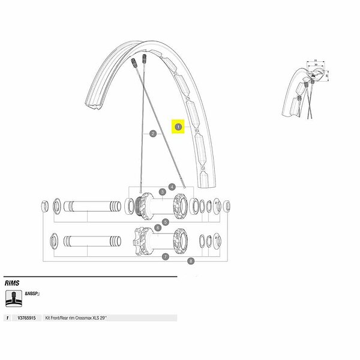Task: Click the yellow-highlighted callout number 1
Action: click(x=179, y=127)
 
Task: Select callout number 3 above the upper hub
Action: click(x=162, y=192)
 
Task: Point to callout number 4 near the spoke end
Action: click(x=172, y=187)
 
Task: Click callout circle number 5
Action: click(x=166, y=222)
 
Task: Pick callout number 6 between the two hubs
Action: click(x=157, y=227)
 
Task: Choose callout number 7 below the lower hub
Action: click(x=165, y=256)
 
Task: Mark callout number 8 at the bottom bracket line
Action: click(x=191, y=261)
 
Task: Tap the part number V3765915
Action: click(x=27, y=318)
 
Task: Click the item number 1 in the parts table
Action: click(x=7, y=318)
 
